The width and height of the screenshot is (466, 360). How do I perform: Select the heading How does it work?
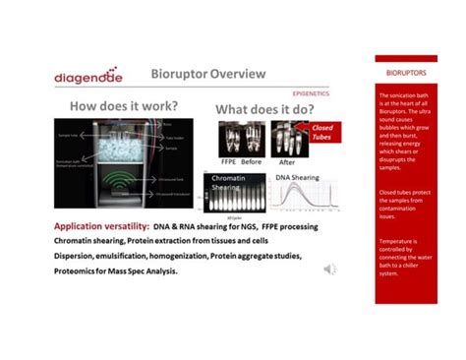click(x=123, y=106)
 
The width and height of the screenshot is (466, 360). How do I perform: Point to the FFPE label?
click(x=227, y=162)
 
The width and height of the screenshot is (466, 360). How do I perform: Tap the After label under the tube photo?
click(x=287, y=162)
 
